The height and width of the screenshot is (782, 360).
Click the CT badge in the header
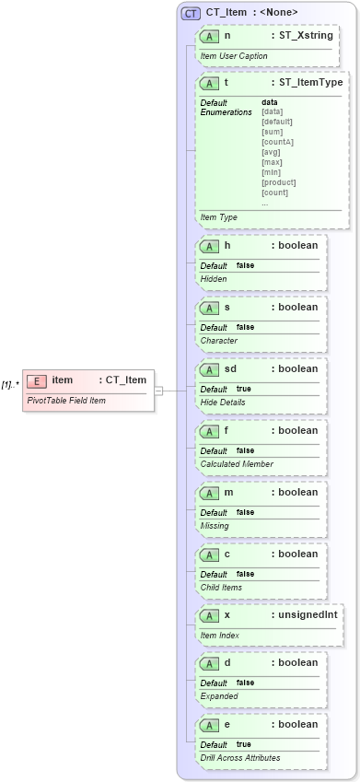point(192,13)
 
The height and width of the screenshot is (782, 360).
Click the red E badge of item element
point(38,381)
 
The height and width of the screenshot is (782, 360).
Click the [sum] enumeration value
point(273,132)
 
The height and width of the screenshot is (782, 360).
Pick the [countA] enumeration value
point(277,142)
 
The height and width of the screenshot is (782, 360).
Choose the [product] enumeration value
point(279,182)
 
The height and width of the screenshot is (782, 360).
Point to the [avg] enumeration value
point(272,152)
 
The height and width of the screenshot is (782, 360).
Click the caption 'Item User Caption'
point(234,56)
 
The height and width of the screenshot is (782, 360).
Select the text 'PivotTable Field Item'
point(65,401)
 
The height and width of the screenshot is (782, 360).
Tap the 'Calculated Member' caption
point(237,464)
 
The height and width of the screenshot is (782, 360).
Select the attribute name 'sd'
point(231,369)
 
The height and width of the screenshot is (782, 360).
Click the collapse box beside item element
point(158,390)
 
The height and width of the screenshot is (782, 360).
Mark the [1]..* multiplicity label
point(10,384)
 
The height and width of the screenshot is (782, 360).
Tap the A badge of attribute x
point(210,615)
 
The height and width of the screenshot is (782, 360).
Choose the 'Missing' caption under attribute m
point(215,526)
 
